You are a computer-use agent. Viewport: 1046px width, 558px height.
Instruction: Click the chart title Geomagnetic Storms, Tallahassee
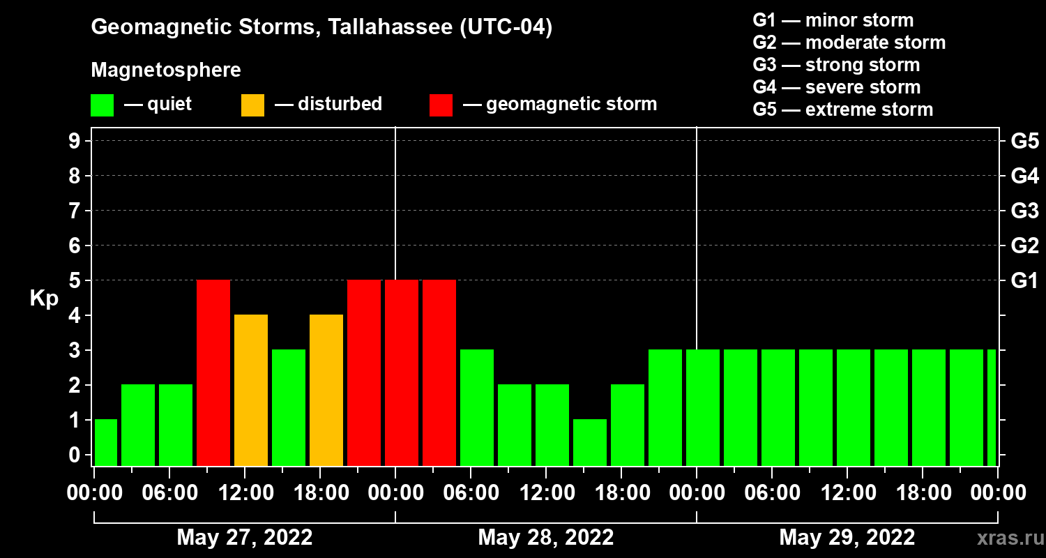[321, 28]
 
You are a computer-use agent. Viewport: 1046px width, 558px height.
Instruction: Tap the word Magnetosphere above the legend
[166, 70]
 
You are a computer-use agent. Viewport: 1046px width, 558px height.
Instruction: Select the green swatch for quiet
[102, 105]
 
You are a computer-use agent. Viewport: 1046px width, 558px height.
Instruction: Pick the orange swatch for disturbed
[252, 105]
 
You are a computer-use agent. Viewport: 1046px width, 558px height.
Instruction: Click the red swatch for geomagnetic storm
[441, 105]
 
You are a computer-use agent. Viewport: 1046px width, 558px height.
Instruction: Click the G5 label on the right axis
[1024, 141]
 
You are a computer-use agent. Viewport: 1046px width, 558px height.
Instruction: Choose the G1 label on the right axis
[1024, 281]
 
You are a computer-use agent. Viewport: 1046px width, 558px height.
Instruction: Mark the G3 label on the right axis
[1024, 211]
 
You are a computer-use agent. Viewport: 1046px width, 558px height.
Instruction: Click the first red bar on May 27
[213, 372]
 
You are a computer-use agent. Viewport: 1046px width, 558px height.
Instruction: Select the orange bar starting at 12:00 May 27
[251, 390]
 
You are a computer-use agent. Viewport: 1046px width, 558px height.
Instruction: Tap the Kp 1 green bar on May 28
[590, 442]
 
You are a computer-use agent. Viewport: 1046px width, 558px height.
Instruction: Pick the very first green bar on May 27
[106, 442]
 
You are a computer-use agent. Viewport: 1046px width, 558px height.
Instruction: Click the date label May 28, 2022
[546, 538]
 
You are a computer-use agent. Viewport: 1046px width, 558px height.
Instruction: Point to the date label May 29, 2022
[847, 538]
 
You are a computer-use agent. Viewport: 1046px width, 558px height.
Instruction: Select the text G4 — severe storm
[836, 87]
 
